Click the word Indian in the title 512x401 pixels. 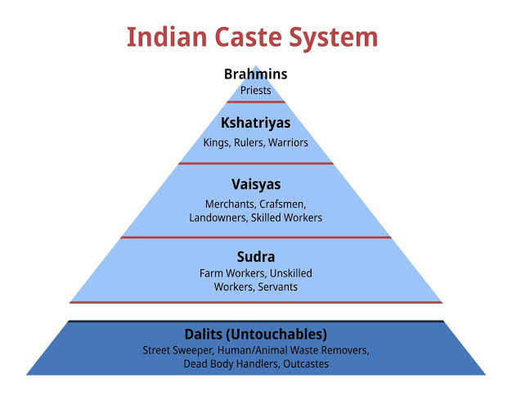pos(167,37)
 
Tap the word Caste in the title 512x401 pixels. pos(248,37)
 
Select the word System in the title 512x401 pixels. pos(334,38)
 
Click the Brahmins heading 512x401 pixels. pos(256,74)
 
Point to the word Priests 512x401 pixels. pos(256,90)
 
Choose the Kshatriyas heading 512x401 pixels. pos(256,124)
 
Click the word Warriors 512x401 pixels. pos(288,142)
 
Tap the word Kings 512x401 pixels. pos(216,143)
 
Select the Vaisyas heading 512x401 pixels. pos(256,185)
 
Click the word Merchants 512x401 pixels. pos(231,205)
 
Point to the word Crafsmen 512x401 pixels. pos(283,205)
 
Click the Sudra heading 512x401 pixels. pos(256,256)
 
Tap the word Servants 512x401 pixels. pos(277,287)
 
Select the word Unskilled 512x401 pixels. pos(291,273)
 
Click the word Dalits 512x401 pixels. pos(204,334)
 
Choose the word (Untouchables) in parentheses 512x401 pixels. pos(277,335)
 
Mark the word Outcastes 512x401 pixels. pos(306,363)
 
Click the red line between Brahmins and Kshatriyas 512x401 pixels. pos(256,102)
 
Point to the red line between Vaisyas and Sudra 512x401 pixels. pos(256,237)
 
